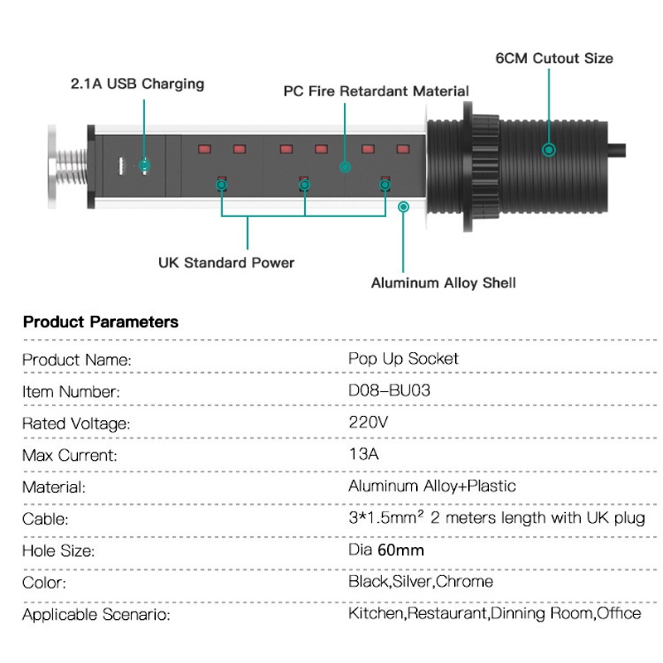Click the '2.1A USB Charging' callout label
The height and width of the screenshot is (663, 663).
(136, 84)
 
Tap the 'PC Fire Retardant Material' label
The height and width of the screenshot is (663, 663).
(376, 91)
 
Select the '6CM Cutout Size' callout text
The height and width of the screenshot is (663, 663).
(554, 58)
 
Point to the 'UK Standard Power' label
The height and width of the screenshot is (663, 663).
(226, 263)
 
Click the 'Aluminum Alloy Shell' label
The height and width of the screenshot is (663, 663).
(443, 283)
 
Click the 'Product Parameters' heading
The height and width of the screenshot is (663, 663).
(100, 322)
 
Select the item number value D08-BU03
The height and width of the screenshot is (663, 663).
(390, 390)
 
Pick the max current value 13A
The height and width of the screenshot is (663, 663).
(365, 454)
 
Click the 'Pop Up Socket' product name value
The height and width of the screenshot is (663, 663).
(404, 359)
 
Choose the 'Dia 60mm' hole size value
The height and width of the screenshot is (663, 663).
(386, 549)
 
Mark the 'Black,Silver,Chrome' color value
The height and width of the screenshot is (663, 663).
(420, 582)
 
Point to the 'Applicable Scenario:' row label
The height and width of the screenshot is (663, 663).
(96, 615)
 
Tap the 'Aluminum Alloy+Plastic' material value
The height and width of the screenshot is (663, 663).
(432, 486)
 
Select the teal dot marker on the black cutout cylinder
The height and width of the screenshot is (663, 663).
(549, 150)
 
